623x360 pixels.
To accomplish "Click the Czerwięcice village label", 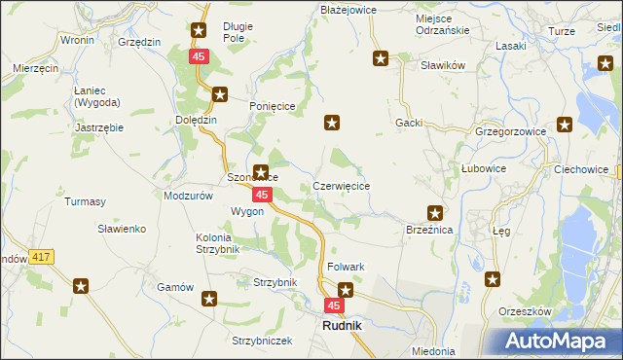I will click(x=341, y=185).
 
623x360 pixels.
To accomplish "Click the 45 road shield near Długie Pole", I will click(x=199, y=57).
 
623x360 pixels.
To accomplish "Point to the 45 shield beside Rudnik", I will click(x=334, y=306).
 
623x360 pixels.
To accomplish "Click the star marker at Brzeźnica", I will click(x=435, y=213).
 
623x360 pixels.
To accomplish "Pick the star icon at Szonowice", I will click(x=261, y=171).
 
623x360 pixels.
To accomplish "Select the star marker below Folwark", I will click(x=346, y=289).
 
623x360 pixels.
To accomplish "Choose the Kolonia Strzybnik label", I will click(x=227, y=242).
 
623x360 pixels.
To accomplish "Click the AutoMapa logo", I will click(x=558, y=341).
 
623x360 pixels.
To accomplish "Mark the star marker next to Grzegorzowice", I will click(x=566, y=125).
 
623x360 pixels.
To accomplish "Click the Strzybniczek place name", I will click(x=262, y=341).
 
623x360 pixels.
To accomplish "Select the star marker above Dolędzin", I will click(x=220, y=95).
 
